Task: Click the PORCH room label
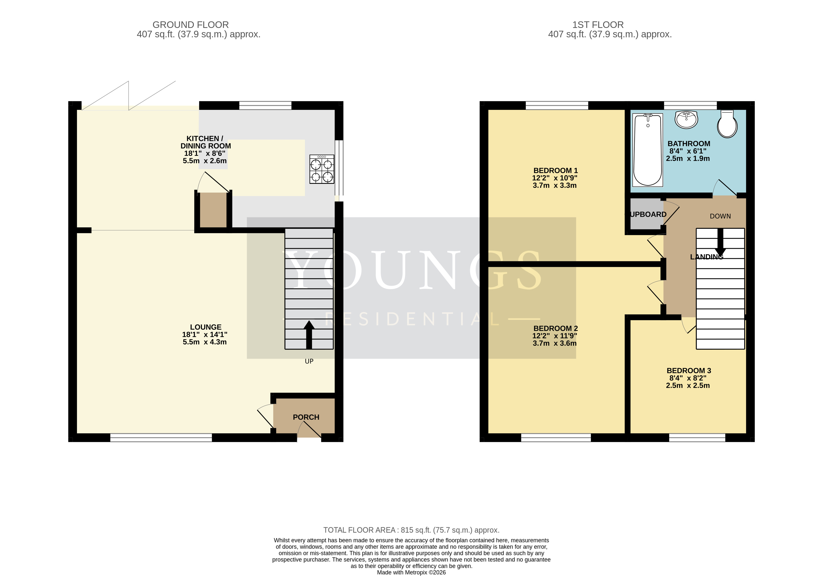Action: click(306, 417)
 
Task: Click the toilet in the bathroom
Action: click(727, 124)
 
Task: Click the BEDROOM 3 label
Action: click(689, 371)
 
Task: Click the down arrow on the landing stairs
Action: click(720, 242)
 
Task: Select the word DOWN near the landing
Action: click(720, 216)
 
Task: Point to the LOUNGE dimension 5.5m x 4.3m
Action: click(205, 342)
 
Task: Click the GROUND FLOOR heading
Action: click(191, 25)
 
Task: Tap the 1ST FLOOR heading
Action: click(598, 25)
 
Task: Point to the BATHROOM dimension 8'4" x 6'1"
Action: click(688, 151)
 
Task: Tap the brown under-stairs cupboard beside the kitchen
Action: click(213, 210)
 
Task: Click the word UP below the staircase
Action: click(309, 361)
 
